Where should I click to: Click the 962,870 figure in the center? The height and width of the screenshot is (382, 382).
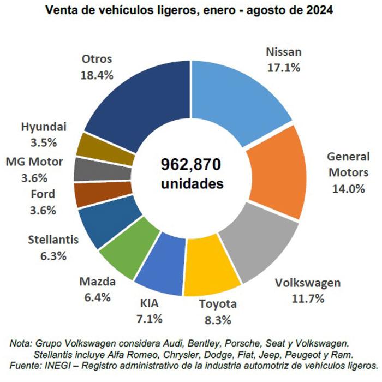(192, 165)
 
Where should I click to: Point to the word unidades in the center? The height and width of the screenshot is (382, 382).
(192, 184)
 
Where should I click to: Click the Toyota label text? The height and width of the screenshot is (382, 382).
(217, 304)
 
